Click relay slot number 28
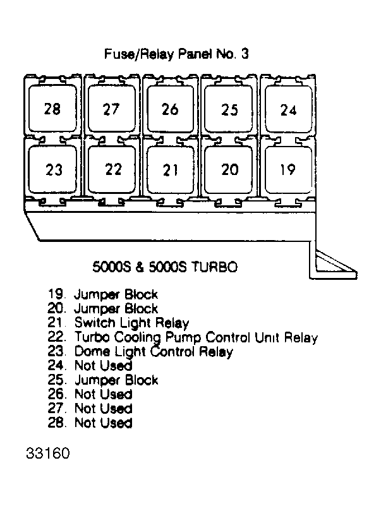point(52,109)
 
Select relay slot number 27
point(112,109)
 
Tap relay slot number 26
point(171,109)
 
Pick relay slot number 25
point(229,109)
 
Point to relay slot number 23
point(52,169)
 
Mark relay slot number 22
point(112,169)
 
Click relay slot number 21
point(171,170)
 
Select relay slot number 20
point(229,170)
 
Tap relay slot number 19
point(288,170)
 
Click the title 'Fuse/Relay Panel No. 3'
point(176,54)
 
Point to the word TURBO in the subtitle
point(214,267)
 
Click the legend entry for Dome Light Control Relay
point(140,351)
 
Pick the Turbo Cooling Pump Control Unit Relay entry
point(183,337)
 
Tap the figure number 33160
point(48,453)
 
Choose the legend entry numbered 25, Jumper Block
point(103,380)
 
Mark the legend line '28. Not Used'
point(90,423)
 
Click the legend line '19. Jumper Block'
point(103,294)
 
